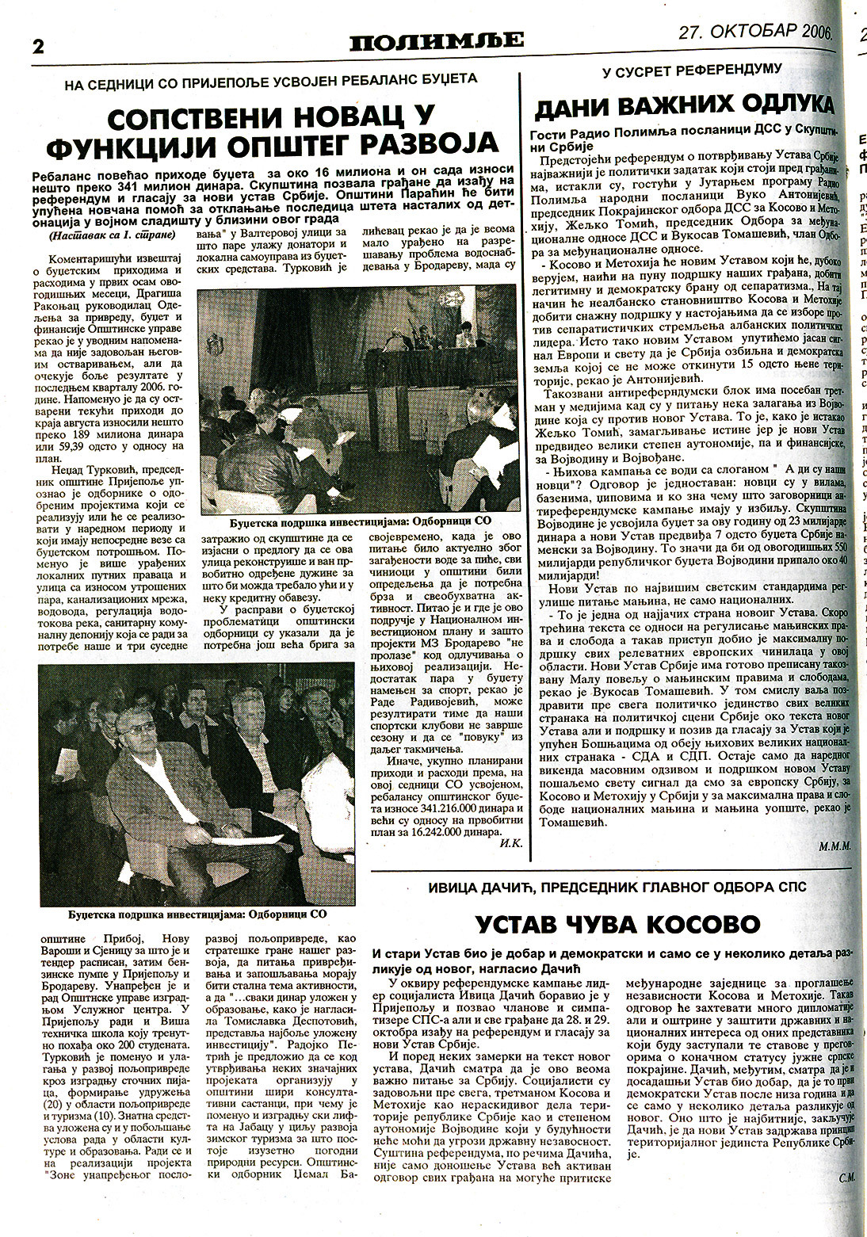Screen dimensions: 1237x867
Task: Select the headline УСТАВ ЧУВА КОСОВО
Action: click(x=618, y=923)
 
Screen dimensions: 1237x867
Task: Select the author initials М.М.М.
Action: click(x=835, y=846)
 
